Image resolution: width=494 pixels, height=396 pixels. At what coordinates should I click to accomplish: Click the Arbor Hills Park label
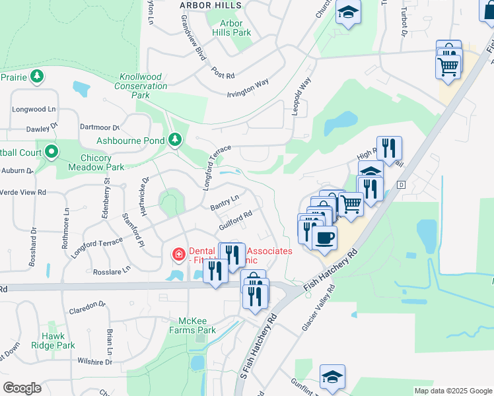[231, 28]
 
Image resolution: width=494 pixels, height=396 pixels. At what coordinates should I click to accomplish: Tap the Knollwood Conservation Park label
[141, 86]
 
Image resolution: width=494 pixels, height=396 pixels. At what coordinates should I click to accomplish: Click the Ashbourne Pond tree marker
[175, 139]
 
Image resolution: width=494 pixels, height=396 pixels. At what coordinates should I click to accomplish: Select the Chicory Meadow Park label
[96, 162]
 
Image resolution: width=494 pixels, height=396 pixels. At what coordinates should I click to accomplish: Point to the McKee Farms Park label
[193, 325]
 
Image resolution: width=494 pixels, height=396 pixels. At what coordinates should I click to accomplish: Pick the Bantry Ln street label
[224, 202]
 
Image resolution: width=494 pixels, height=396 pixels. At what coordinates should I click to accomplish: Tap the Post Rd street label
[223, 73]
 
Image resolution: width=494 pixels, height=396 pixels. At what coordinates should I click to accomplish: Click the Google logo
[22, 388]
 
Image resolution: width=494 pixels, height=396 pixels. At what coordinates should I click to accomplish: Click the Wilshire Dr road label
[94, 362]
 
